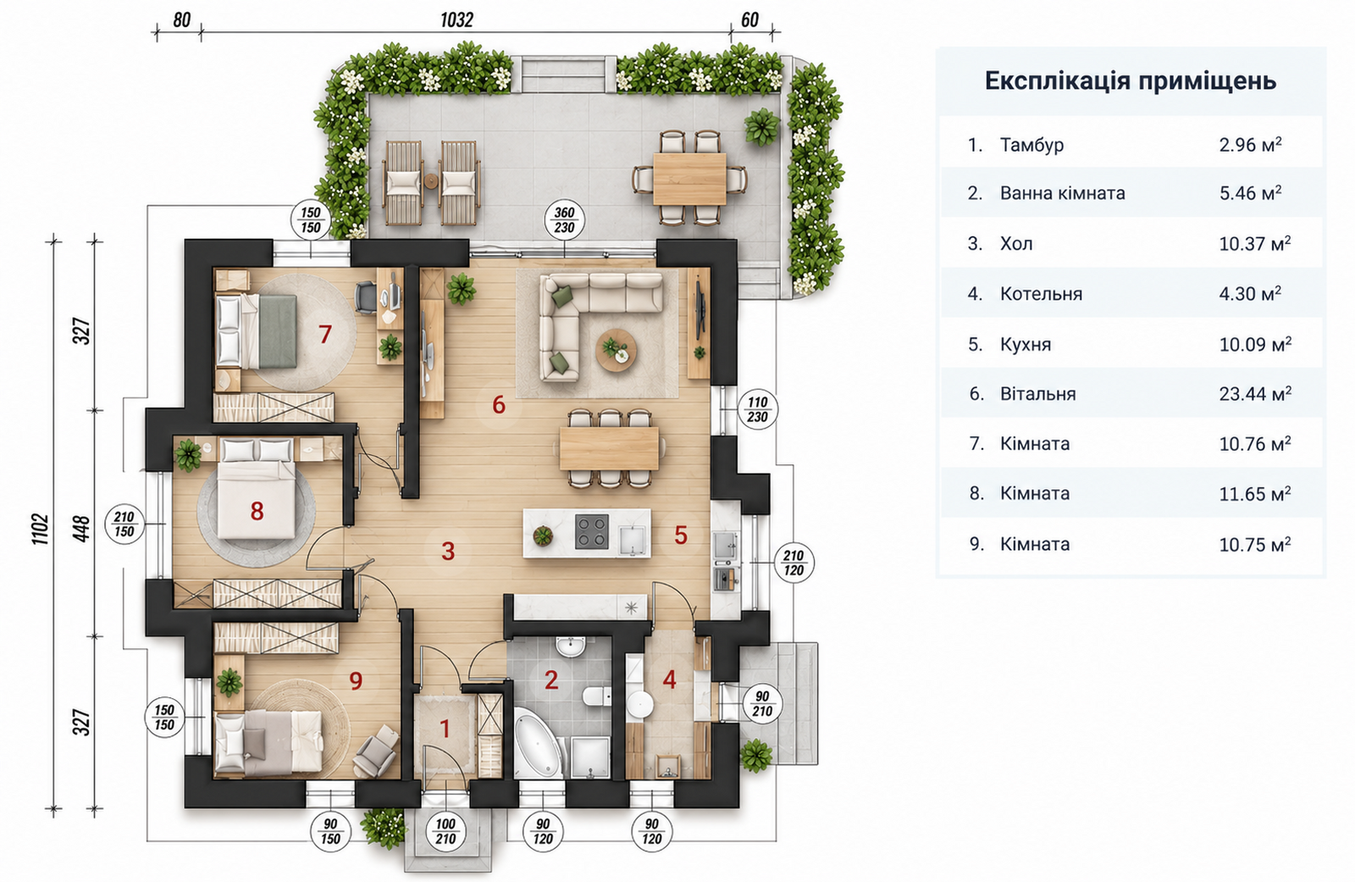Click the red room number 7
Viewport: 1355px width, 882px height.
pyautogui.click(x=325, y=334)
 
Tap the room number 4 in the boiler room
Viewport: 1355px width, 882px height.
pyautogui.click(x=669, y=680)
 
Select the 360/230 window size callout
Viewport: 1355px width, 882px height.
pyautogui.click(x=564, y=220)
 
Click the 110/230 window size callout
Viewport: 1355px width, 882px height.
pyautogui.click(x=757, y=410)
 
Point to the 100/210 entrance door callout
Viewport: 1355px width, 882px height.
pyautogui.click(x=445, y=832)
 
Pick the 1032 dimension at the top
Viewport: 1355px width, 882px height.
pyautogui.click(x=456, y=20)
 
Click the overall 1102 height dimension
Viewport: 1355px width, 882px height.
pyautogui.click(x=40, y=529)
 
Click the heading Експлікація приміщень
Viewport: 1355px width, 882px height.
pyautogui.click(x=1131, y=80)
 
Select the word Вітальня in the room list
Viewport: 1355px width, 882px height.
pyautogui.click(x=1038, y=394)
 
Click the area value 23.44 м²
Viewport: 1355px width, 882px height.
pyautogui.click(x=1255, y=393)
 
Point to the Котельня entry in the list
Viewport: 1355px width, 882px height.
pyautogui.click(x=1041, y=294)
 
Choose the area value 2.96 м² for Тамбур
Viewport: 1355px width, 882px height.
pyautogui.click(x=1250, y=145)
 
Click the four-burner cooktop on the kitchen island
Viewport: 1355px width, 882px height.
pyautogui.click(x=591, y=531)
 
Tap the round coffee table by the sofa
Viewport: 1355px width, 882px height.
pyautogui.click(x=616, y=349)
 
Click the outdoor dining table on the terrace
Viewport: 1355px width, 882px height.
pyautogui.click(x=689, y=179)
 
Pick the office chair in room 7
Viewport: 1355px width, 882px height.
pyautogui.click(x=366, y=297)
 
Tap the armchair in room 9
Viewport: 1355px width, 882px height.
pyautogui.click(x=376, y=752)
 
